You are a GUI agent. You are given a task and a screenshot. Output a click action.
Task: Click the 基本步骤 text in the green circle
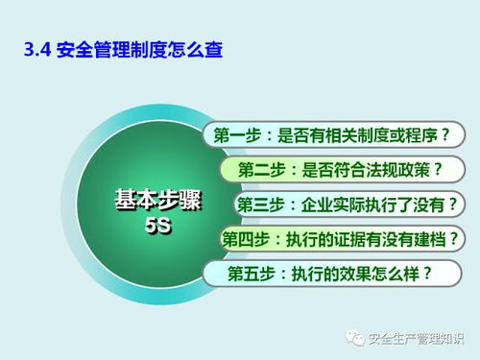pyautogui.click(x=149, y=200)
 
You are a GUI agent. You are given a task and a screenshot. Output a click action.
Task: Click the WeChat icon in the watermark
pyautogui.click(x=358, y=338)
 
